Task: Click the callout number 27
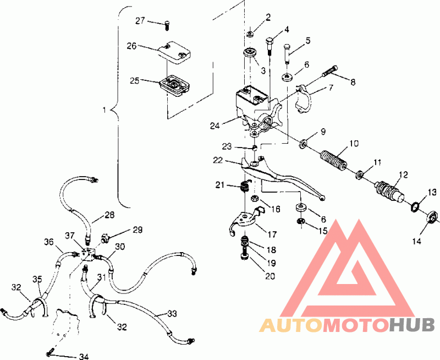coord(140,20)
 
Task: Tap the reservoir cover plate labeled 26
coord(174,53)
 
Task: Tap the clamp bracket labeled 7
coord(304,100)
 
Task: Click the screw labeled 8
coord(330,71)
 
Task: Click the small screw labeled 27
coord(167,26)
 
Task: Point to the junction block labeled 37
coord(88,254)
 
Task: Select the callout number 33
coord(172,313)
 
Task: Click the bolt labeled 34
coord(51,351)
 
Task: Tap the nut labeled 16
coord(254,199)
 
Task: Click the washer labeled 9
coord(303,144)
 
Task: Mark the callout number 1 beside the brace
coord(105,110)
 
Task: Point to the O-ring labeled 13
coord(415,207)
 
